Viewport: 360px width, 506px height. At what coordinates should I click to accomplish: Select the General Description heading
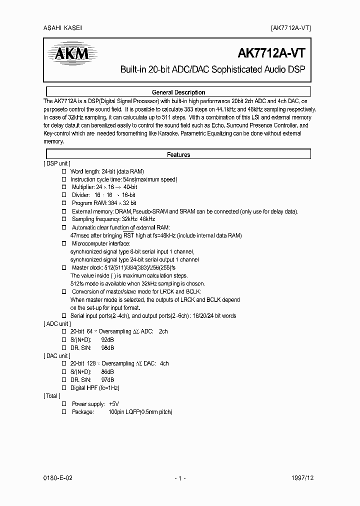click(178, 92)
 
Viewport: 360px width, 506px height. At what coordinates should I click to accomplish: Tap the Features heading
click(178, 154)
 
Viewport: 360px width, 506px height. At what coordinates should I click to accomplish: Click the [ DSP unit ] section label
click(57, 163)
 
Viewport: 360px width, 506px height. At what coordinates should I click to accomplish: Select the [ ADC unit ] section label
click(57, 323)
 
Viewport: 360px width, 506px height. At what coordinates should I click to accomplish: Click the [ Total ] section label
click(52, 395)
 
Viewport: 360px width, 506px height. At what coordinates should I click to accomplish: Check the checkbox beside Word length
click(64, 171)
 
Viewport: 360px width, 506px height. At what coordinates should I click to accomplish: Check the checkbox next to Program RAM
click(64, 203)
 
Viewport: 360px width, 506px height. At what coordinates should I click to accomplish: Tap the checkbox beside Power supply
click(64, 403)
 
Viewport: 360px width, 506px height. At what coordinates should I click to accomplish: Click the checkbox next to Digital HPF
click(64, 387)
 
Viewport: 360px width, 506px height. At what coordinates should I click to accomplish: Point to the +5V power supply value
click(114, 403)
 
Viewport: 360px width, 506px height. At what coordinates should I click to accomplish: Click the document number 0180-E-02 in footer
click(58, 478)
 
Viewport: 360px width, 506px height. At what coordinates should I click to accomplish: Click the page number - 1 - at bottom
click(180, 478)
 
